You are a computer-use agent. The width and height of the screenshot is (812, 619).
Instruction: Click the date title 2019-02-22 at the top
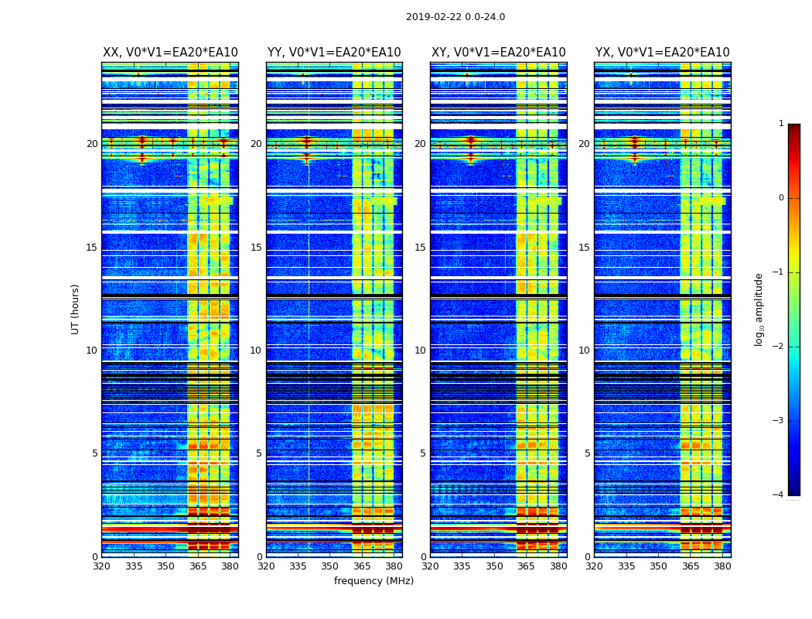[x=455, y=17]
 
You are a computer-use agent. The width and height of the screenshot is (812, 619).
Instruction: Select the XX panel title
[x=170, y=53]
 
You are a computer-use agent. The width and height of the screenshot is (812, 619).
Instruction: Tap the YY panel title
[x=334, y=53]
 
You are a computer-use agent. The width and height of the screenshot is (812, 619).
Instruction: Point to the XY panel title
[x=499, y=53]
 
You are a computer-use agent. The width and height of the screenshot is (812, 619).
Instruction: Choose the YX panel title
[x=663, y=53]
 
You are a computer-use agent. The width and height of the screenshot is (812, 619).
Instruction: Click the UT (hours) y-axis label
[x=76, y=309]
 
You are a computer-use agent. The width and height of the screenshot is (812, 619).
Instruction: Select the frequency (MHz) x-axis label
[x=374, y=581]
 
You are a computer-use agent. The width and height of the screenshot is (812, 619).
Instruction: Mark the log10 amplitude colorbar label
[x=759, y=309]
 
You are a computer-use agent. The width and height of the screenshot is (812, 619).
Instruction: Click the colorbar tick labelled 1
[x=781, y=124]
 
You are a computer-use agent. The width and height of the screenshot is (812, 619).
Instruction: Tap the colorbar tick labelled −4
[x=779, y=495]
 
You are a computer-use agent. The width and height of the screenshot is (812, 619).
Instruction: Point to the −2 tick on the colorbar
[x=779, y=347]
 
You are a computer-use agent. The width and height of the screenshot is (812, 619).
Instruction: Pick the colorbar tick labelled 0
[x=781, y=198]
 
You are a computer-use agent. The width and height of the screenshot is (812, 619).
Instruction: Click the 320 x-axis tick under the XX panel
[x=102, y=566]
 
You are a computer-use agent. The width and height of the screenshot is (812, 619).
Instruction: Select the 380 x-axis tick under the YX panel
[x=722, y=566]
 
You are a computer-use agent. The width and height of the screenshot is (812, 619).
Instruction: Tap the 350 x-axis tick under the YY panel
[x=330, y=566]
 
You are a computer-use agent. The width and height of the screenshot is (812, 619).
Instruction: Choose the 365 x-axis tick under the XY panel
[x=527, y=566]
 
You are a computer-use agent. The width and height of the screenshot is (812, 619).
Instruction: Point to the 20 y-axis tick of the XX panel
[x=93, y=144]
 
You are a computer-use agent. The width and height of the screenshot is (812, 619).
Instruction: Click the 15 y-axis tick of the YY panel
[x=256, y=248]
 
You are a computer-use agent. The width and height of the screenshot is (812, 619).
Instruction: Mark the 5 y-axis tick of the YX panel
[x=588, y=453]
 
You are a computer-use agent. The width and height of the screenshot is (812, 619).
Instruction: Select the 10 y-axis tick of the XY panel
[x=420, y=351]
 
